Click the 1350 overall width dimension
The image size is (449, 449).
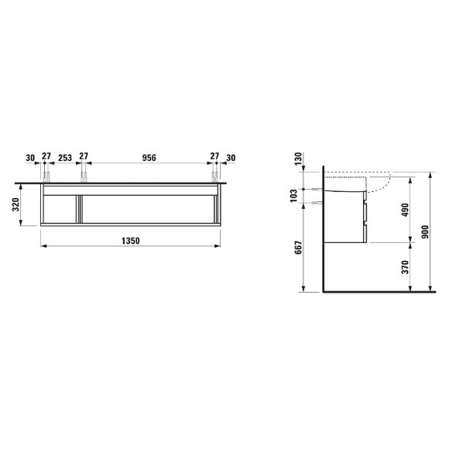click(x=131, y=241)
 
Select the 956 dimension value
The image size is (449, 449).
click(x=149, y=158)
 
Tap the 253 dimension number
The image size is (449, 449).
click(x=65, y=158)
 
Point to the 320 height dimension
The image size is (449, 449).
click(x=15, y=204)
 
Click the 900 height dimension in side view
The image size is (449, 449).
click(x=425, y=232)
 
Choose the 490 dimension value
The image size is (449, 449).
click(x=405, y=210)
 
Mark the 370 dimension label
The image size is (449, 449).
click(x=405, y=267)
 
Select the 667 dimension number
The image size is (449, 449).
click(x=298, y=248)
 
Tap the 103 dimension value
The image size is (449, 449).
click(x=294, y=196)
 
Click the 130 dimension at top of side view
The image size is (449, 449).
click(x=298, y=159)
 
